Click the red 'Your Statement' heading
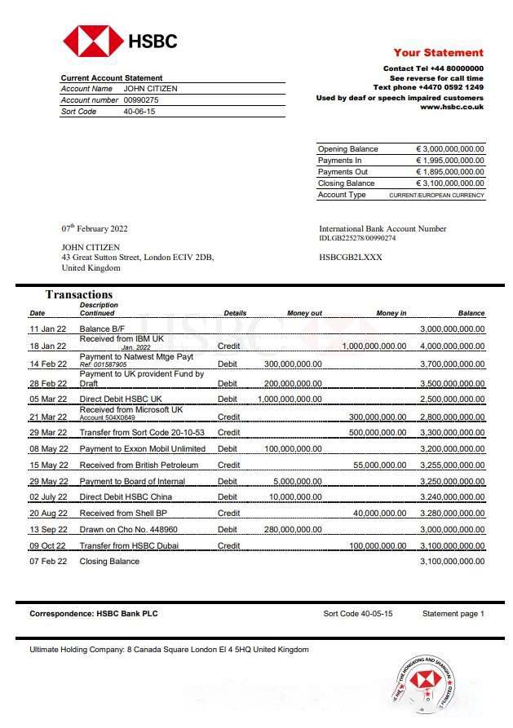coord(438,52)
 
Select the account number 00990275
coord(141,100)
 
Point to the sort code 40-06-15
coord(139,112)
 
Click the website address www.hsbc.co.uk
coord(451,107)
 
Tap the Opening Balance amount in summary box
coord(449,149)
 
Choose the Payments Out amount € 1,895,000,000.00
coord(449,172)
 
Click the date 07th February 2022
coord(95,229)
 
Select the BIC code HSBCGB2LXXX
coord(351,257)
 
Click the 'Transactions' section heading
coord(79,294)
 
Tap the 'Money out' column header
coord(304,313)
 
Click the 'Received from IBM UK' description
coord(122,338)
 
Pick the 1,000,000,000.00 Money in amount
coord(374,346)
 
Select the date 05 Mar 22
coord(48,399)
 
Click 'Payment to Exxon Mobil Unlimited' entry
coord(143,448)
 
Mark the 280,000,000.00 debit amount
coord(293,529)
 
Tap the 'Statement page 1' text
coord(453,613)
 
